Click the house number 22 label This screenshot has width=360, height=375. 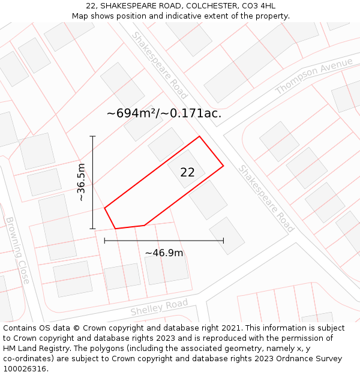(x=187, y=173)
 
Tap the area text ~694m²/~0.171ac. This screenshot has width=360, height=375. (x=164, y=113)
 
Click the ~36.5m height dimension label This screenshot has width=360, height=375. (x=81, y=182)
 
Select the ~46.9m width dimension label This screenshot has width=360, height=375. (x=164, y=253)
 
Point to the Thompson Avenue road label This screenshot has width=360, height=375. (x=314, y=76)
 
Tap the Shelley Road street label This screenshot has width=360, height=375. (x=159, y=307)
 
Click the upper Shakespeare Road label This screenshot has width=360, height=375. (x=160, y=65)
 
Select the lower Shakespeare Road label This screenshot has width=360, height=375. (x=266, y=198)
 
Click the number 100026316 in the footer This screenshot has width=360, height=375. (x=26, y=368)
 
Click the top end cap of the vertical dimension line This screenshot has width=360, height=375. (x=92, y=137)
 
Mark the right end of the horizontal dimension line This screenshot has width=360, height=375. (x=223, y=241)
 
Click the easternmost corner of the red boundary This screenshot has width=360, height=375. (x=223, y=166)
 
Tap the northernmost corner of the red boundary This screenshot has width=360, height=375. (x=199, y=136)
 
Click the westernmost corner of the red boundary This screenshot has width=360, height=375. (x=105, y=208)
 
